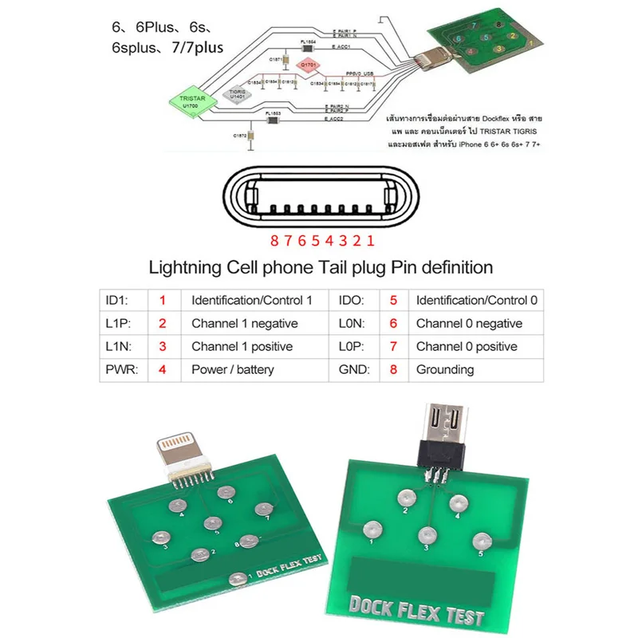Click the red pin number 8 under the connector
click(x=273, y=240)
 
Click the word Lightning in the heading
click(x=189, y=267)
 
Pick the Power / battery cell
click(x=232, y=369)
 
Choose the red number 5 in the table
click(x=393, y=301)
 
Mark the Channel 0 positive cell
click(x=467, y=346)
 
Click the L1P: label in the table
click(x=118, y=324)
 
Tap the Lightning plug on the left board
click(x=181, y=455)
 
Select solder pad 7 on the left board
click(x=260, y=510)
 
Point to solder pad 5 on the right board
click(x=478, y=538)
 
